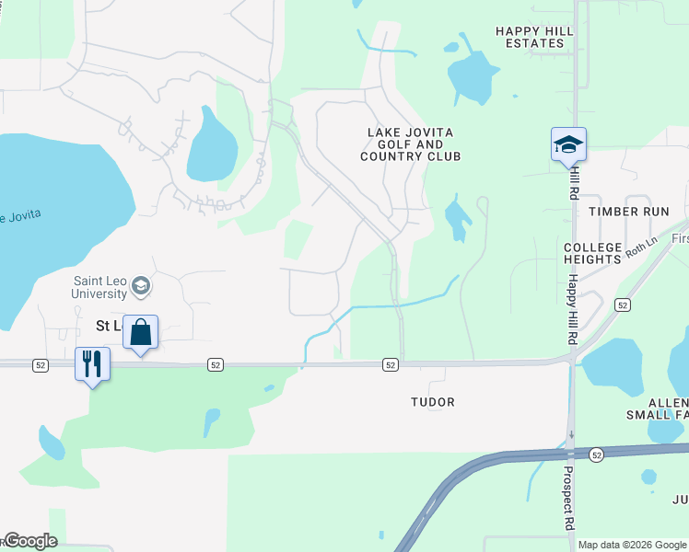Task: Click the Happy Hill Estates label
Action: click(x=534, y=37)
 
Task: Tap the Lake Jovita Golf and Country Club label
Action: click(x=411, y=144)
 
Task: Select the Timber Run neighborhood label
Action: click(x=629, y=211)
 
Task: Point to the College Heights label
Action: click(x=593, y=254)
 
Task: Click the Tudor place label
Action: click(x=433, y=402)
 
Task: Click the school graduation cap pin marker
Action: click(x=568, y=144)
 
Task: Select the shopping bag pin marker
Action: click(x=140, y=332)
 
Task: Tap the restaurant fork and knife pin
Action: click(x=92, y=364)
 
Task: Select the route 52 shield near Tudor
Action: click(x=391, y=365)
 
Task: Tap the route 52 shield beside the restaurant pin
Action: click(x=40, y=365)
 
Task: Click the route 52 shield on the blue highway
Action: click(x=597, y=454)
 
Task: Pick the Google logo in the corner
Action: click(x=30, y=541)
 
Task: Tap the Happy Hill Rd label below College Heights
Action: click(x=572, y=309)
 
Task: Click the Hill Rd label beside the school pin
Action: click(x=574, y=182)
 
